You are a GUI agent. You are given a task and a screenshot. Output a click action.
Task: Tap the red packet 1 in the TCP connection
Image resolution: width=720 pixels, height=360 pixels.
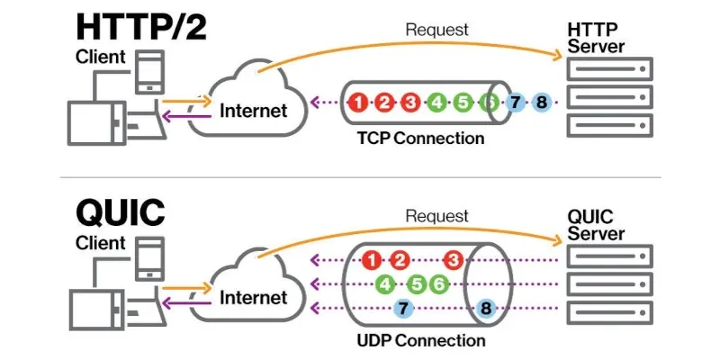(x=359, y=102)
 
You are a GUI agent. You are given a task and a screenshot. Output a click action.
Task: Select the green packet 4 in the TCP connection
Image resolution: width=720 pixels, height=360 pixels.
(x=436, y=102)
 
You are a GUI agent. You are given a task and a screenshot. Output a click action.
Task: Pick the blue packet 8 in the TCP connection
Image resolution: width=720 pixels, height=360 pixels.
(x=541, y=102)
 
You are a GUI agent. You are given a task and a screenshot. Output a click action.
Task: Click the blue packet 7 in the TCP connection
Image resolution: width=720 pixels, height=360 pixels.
(x=515, y=102)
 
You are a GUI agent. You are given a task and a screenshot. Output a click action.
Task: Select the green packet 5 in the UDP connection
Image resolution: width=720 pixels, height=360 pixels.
(x=417, y=284)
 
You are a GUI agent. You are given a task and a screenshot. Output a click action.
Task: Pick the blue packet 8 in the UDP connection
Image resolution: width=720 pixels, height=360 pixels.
(x=486, y=309)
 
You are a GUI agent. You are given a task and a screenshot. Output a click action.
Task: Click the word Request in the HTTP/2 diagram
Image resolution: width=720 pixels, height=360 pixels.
(x=437, y=31)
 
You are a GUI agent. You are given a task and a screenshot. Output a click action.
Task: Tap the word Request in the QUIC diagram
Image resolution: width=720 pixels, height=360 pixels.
(x=437, y=216)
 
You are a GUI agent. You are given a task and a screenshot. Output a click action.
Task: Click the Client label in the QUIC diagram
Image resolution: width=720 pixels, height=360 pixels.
(x=101, y=243)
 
